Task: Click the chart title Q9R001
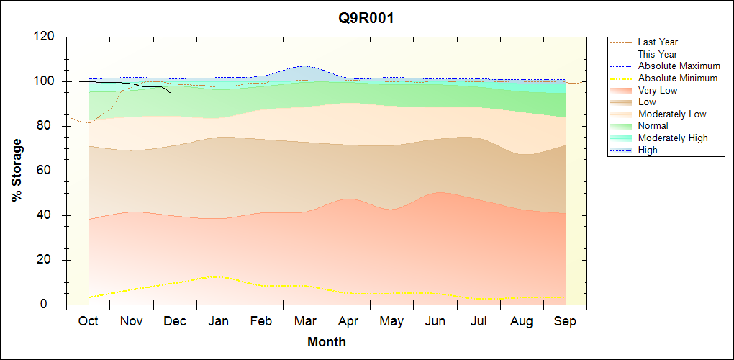pos(366,19)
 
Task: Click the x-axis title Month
pos(326,342)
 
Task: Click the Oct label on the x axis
pos(89,321)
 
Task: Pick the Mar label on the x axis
pos(305,321)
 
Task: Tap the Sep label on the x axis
pos(565,321)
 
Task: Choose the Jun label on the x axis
pos(435,321)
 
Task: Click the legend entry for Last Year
pos(658,42)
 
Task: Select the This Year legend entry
pos(657,54)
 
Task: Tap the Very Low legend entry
pos(657,90)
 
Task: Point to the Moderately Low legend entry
pos(672,114)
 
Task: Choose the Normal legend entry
pos(653,126)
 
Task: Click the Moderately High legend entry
pos(673,138)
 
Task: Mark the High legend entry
pos(648,150)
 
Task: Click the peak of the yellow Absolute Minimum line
pos(215,276)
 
